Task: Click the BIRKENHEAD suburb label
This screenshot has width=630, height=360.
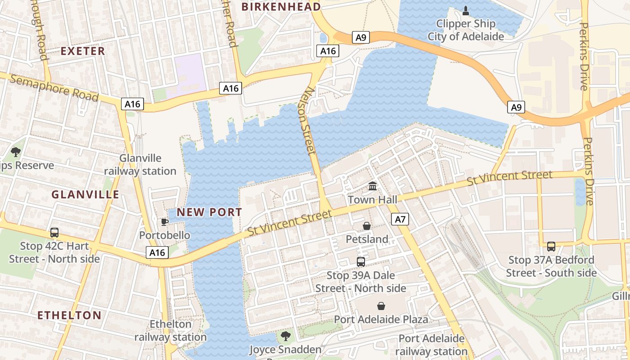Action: pos(281,7)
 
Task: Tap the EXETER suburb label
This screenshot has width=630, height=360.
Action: pos(83,51)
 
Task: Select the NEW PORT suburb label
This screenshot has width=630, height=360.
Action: pos(209,212)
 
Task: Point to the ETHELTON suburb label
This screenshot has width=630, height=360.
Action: pos(69,315)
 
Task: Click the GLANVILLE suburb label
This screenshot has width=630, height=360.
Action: pos(85,194)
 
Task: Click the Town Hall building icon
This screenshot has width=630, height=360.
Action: pos(373,186)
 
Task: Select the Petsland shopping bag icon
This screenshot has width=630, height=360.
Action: pos(367,226)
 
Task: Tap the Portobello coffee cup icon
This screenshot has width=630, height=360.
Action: pos(165,222)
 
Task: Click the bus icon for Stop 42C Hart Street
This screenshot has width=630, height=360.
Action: pos(54,233)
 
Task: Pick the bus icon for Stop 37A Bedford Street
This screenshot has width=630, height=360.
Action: pos(551,246)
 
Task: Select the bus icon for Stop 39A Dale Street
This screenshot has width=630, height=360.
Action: pos(360,261)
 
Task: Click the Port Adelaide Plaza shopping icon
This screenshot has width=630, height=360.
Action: pos(381,306)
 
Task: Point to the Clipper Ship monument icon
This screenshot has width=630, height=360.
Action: pos(466,10)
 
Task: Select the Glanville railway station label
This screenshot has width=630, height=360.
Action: pos(140,165)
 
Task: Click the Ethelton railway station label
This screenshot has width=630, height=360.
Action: pos(171,330)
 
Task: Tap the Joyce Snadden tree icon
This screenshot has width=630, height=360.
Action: pos(285,336)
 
